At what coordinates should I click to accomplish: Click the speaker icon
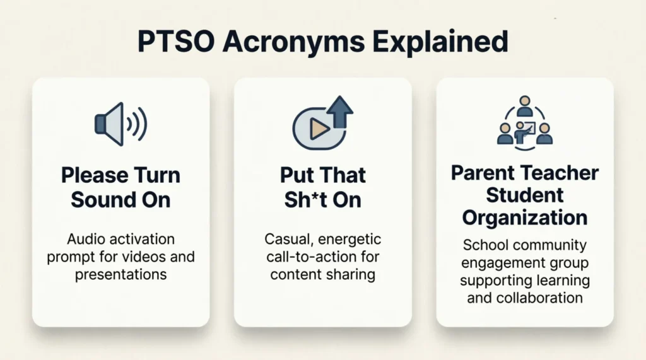coord(120,123)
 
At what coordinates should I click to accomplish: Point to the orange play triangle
coord(319,129)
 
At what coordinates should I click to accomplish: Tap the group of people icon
coord(524,123)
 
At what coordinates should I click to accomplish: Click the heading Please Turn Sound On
coord(120,187)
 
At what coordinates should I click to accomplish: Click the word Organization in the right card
coord(524,218)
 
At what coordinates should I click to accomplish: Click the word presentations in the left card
coord(120,274)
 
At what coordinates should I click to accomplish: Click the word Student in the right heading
coord(524,195)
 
